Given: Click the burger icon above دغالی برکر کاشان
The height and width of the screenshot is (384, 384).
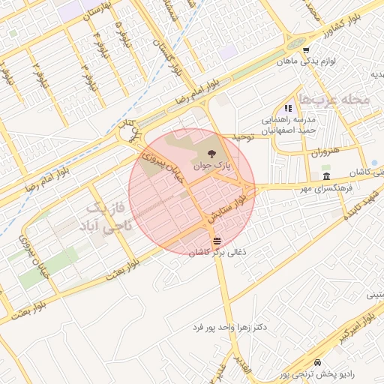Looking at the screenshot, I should [217, 240].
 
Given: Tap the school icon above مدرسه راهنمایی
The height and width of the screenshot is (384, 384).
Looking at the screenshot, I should [289, 109].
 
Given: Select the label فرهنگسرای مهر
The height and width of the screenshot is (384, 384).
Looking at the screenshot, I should [324, 188].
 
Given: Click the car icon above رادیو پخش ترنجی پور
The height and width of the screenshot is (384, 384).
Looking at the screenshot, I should [319, 361].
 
